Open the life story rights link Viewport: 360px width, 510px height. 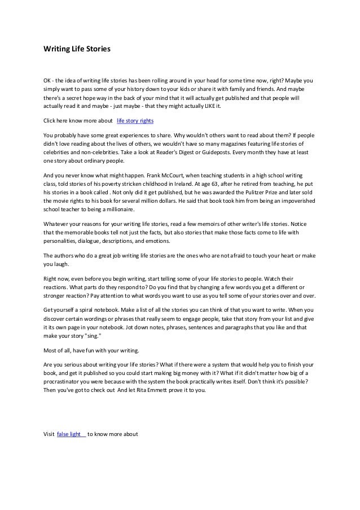click(135, 121)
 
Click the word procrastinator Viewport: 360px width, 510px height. click(67, 382)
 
